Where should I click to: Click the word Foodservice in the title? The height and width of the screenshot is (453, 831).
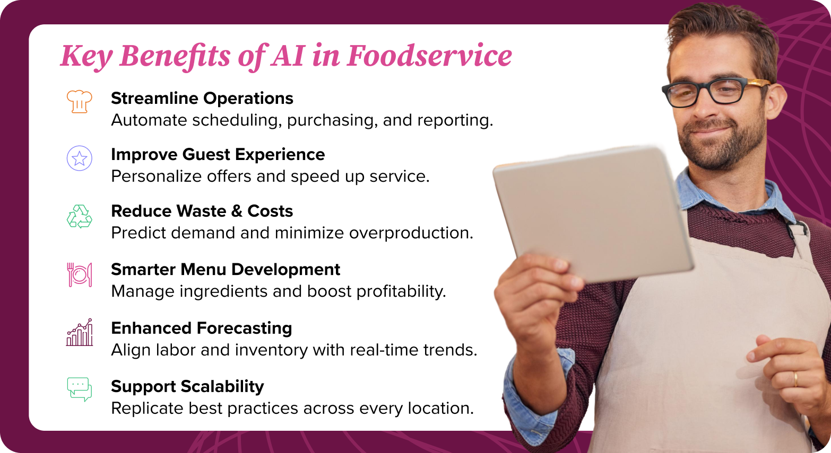tap(429, 56)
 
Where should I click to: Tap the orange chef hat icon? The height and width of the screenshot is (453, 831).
tap(80, 101)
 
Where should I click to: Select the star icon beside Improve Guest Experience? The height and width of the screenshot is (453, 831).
tap(80, 158)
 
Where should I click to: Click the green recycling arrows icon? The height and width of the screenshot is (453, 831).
tap(80, 216)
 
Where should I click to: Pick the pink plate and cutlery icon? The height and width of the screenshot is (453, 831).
tap(80, 274)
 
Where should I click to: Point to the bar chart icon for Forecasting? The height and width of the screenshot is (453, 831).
tap(80, 333)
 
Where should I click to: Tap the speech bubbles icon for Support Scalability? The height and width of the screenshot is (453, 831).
tap(80, 389)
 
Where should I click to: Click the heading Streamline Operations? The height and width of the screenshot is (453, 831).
tap(202, 99)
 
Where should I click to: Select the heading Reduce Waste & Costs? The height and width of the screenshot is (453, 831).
tap(202, 211)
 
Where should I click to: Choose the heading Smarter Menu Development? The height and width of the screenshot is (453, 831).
tap(226, 270)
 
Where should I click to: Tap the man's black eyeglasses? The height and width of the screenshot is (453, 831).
tap(711, 92)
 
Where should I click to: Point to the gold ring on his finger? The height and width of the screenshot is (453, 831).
tap(795, 379)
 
